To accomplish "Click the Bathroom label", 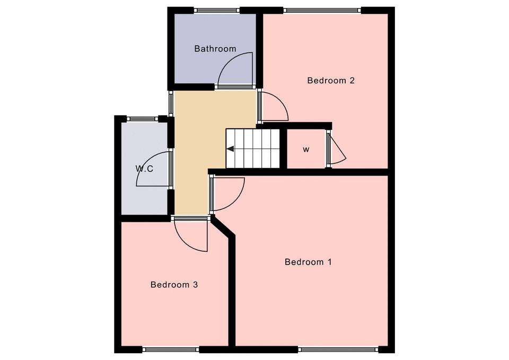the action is pyautogui.click(x=215, y=49).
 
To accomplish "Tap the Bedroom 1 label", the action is pyautogui.click(x=308, y=262).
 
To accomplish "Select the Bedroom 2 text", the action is pyautogui.click(x=331, y=81).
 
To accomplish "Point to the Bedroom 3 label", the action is pyautogui.click(x=174, y=285).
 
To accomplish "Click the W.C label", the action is pyautogui.click(x=144, y=169).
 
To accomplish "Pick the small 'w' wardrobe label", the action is pyautogui.click(x=306, y=150).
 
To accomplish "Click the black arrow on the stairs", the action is pyautogui.click(x=231, y=149).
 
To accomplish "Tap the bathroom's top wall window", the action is pyautogui.click(x=217, y=11).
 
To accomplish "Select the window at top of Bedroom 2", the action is pyautogui.click(x=322, y=11).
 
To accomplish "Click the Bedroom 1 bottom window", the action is pyautogui.click(x=338, y=349).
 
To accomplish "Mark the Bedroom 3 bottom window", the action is pyautogui.click(x=171, y=349).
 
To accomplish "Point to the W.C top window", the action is pyautogui.click(x=142, y=119).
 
